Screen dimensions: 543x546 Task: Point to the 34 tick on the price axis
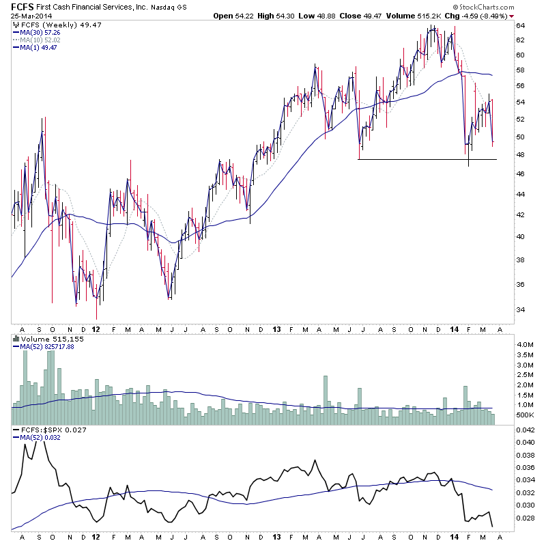519,310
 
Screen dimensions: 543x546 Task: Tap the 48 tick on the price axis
519,155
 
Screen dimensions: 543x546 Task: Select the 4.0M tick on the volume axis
523,345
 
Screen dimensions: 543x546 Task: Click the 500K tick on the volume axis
524,415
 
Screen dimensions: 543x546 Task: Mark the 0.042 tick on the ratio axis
526,430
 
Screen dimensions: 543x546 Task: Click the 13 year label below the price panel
276,329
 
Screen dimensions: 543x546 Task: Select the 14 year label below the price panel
454,329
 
